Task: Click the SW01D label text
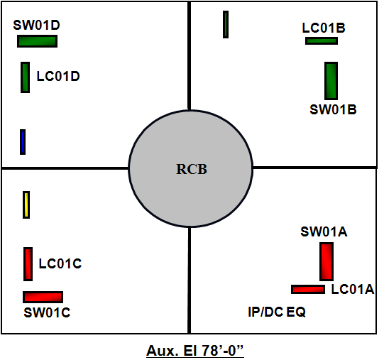point(36,25)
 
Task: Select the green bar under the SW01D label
point(37,41)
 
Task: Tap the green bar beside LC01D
point(26,77)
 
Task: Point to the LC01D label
point(58,76)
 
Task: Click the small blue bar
point(23,142)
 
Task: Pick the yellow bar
point(26,204)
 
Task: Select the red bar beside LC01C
point(28,264)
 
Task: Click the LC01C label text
point(60,263)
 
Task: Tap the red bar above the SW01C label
point(43,297)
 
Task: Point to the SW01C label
point(47,312)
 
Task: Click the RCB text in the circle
point(192,169)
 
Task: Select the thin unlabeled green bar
point(226,25)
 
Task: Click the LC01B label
point(324,28)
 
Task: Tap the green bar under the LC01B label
point(322,40)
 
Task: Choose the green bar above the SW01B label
point(331,81)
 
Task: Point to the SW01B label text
point(333,109)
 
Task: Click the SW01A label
point(324,231)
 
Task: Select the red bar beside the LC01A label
point(308,290)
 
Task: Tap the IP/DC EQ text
point(277,312)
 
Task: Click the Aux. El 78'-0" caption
point(195,351)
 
